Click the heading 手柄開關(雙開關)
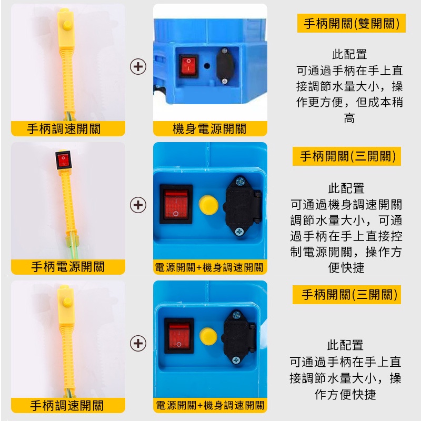[351, 23]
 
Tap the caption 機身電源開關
[209, 128]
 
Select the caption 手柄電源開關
[68, 267]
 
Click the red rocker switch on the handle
[64, 160]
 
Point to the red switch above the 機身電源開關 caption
[188, 66]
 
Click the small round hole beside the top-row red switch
[207, 66]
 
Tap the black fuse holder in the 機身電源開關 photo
[225, 66]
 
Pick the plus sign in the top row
[138, 66]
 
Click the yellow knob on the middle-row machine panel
[208, 205]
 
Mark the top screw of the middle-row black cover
[240, 182]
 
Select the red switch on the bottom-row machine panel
[179, 336]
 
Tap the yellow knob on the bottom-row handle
[67, 302]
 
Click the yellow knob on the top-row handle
[67, 25]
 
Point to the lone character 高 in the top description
[349, 118]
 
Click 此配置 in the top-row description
[349, 55]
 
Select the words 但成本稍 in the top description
[379, 102]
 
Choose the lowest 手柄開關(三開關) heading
[349, 295]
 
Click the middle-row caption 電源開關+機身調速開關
[209, 267]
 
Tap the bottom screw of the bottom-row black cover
[236, 360]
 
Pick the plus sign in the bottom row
[138, 344]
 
